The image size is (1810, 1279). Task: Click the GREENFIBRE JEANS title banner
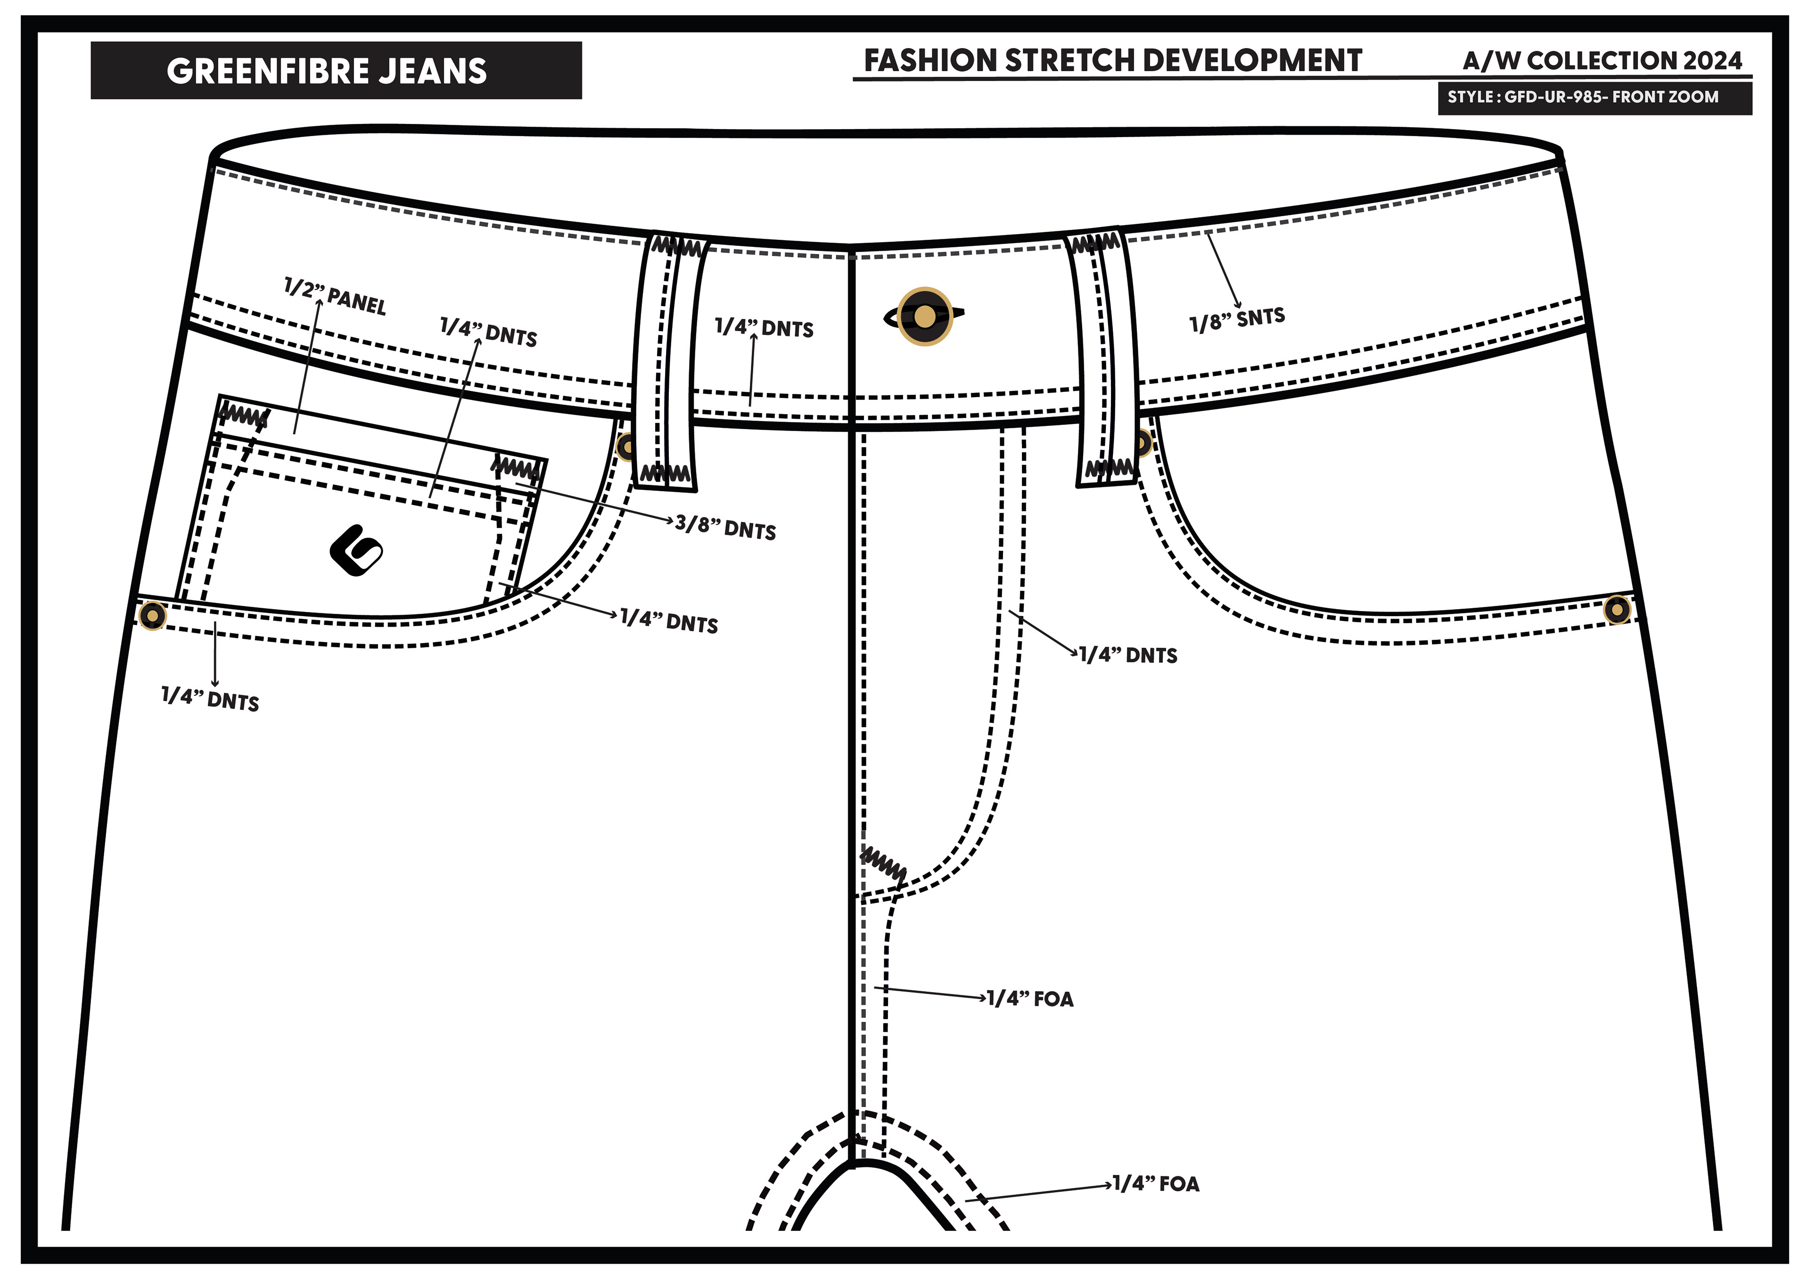coord(336,71)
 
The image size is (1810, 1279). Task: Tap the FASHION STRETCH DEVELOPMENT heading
coord(1112,61)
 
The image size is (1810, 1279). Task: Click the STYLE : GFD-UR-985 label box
coord(1594,98)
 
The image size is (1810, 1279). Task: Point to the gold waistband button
coord(925,317)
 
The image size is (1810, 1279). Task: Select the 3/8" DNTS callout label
coord(725,528)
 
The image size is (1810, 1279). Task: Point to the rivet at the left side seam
coord(152,615)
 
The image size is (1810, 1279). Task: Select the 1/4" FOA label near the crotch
coord(1156,1184)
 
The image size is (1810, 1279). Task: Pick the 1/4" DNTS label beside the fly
coord(1128,655)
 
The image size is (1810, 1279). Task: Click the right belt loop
coord(1103,358)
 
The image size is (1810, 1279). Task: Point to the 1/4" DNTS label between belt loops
coord(764,328)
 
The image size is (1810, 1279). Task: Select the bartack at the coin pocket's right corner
coord(516,468)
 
